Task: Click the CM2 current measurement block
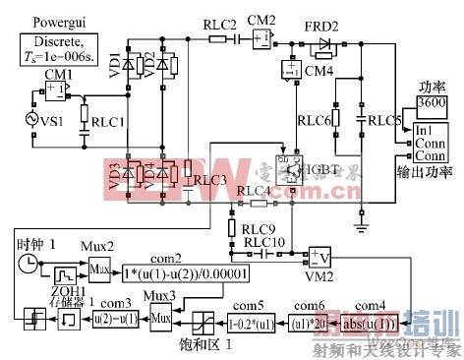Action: coord(260,38)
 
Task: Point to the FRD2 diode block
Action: coord(323,44)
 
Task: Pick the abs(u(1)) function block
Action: coord(371,318)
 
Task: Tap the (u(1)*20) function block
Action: coord(307,318)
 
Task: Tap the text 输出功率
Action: coord(428,171)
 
